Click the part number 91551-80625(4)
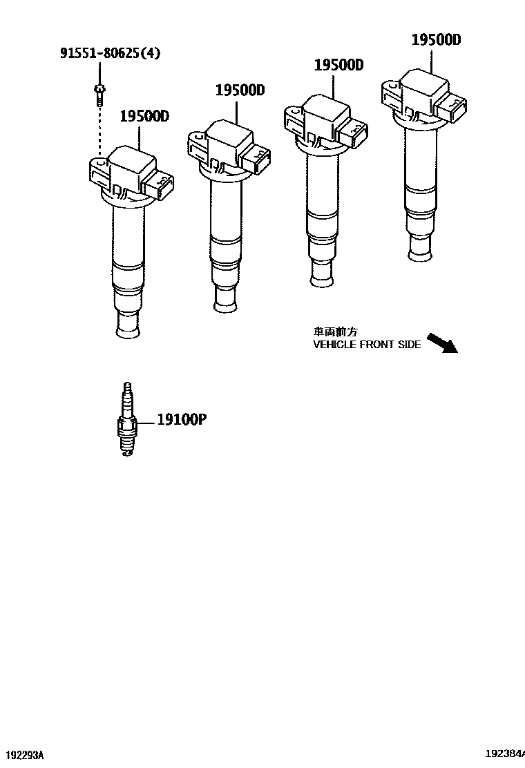click(x=111, y=53)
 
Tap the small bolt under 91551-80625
click(x=99, y=95)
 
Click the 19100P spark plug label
click(x=182, y=419)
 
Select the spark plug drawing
click(x=127, y=419)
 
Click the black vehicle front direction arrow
click(x=442, y=343)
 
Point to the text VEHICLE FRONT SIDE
click(x=367, y=345)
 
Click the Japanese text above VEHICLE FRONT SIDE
click(x=336, y=332)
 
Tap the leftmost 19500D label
click(x=144, y=116)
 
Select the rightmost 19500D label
click(x=436, y=39)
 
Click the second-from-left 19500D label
click(x=240, y=90)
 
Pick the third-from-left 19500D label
click(x=338, y=65)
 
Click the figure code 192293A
click(x=25, y=753)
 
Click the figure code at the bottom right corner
click(x=505, y=753)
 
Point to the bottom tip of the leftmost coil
click(x=129, y=333)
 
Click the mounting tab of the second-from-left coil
click(x=198, y=146)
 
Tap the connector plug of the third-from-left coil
click(x=354, y=134)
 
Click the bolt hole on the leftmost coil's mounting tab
click(x=100, y=162)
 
